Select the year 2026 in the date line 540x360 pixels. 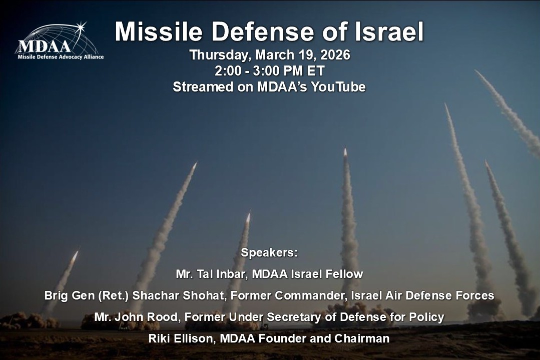click(333, 55)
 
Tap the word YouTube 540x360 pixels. click(338, 87)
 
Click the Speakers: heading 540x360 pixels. click(269, 252)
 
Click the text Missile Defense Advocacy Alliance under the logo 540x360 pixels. click(61, 56)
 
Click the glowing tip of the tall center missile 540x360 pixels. click(345, 151)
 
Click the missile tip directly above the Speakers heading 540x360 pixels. click(248, 216)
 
